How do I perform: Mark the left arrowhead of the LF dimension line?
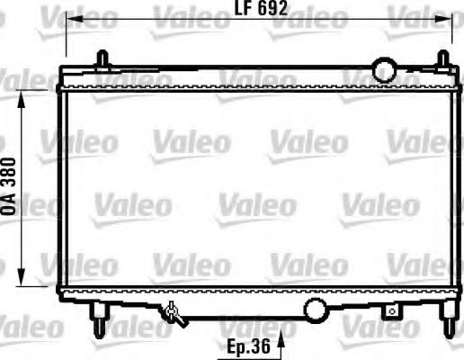[73, 18]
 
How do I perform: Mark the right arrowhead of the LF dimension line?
[450, 18]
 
